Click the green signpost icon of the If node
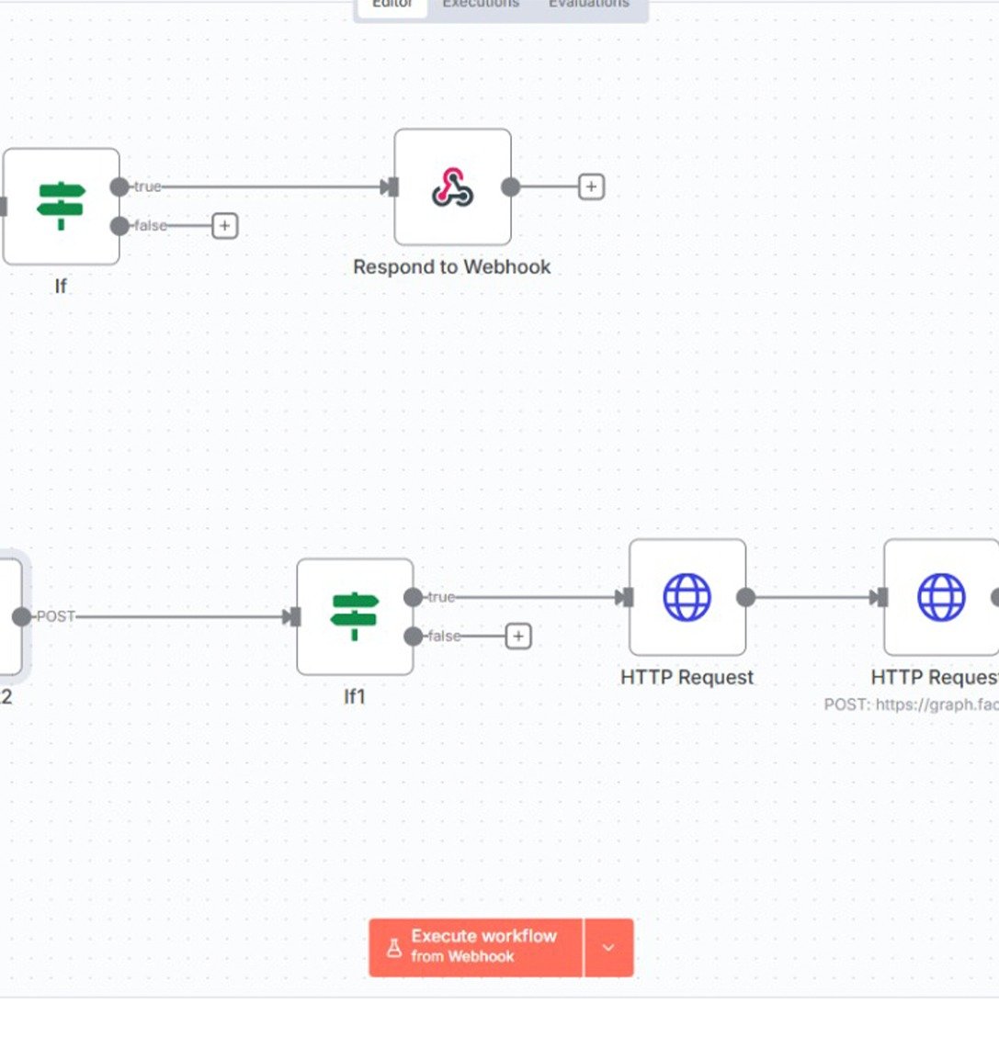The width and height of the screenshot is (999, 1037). (61, 206)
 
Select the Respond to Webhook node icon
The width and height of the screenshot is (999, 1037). (452, 187)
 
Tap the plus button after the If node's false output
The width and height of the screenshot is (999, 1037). (224, 225)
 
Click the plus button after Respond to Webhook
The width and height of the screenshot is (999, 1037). (591, 187)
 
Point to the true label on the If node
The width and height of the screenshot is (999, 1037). (147, 186)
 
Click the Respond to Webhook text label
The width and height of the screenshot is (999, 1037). (451, 267)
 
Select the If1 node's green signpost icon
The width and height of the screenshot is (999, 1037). (355, 616)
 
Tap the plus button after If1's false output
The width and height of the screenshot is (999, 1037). (518, 636)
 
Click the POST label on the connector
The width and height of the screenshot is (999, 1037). (55, 616)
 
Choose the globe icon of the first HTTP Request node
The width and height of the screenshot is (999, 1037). (687, 597)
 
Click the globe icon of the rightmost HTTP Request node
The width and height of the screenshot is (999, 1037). (941, 597)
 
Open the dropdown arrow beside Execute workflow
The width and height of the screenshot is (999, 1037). (607, 947)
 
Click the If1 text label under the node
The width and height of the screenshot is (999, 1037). (355, 697)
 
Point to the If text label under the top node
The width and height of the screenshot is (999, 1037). (61, 287)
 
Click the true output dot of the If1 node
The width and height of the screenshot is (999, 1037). (414, 597)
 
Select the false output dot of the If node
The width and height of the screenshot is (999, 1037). (119, 226)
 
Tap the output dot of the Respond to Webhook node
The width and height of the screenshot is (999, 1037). (511, 187)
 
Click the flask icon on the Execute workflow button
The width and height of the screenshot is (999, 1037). (393, 947)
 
